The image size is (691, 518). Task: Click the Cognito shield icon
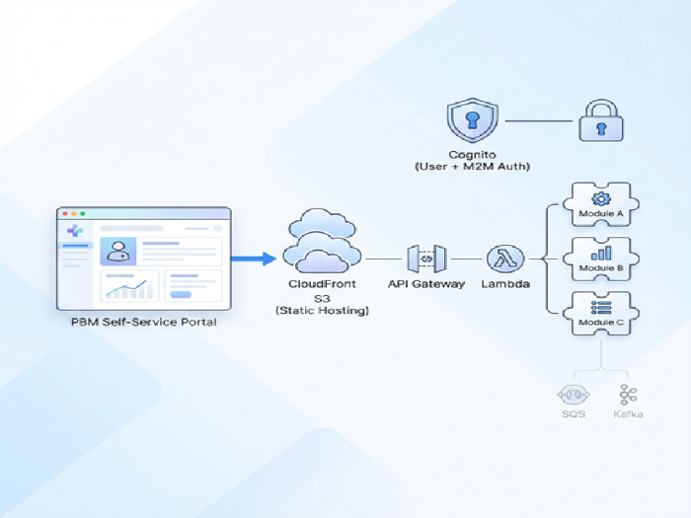coord(473,121)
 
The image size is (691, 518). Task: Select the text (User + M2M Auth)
coord(473,168)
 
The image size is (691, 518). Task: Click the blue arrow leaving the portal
coord(254,259)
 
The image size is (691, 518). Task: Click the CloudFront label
coord(322,284)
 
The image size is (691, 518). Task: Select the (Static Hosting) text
coord(322,311)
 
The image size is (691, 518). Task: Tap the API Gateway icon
coord(426,259)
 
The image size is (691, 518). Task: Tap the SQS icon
coord(573,395)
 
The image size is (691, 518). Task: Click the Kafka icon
coord(628,395)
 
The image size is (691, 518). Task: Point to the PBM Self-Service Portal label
coord(144,323)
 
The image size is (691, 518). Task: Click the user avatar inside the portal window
coord(116,251)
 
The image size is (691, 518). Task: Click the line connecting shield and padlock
coord(538,121)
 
